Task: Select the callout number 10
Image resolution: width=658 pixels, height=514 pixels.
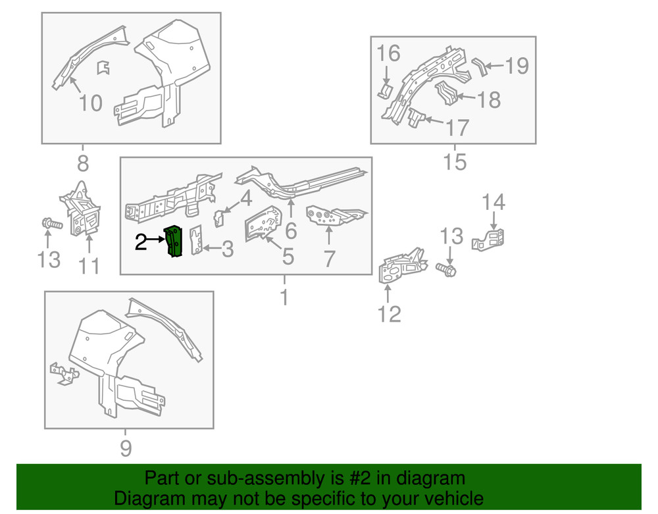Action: pos(91,103)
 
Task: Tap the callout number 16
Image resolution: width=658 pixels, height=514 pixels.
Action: pos(389,53)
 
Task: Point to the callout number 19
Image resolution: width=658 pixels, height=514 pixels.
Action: pos(517,65)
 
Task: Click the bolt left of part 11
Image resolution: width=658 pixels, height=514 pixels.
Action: pos(51,224)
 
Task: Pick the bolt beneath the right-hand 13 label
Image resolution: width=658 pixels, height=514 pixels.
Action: pos(447,269)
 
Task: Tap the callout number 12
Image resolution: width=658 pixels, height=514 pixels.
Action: pos(389,314)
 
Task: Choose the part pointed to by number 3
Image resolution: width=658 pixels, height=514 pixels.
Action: pos(195,241)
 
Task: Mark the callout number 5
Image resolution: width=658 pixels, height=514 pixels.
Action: pos(288,257)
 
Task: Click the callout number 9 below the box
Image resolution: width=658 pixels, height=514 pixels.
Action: pos(125,448)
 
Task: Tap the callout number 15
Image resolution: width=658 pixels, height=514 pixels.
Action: pos(455,162)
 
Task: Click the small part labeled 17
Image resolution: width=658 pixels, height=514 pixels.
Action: pos(415,118)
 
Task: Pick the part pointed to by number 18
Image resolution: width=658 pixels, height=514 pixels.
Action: pos(449,93)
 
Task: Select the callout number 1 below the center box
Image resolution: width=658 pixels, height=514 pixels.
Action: pos(284,297)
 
